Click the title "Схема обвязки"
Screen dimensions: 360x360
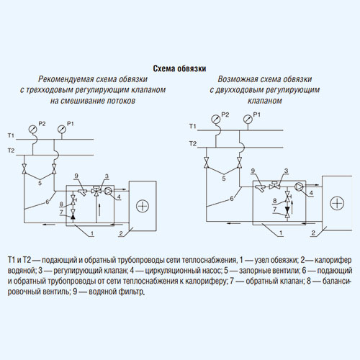(x=179, y=68)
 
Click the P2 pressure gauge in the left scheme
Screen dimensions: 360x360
(x=32, y=129)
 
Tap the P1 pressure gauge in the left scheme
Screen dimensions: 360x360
(x=62, y=130)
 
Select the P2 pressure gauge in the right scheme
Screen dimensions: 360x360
(x=216, y=119)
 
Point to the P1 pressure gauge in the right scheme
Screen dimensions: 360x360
(x=248, y=119)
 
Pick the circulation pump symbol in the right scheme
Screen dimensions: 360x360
(x=299, y=186)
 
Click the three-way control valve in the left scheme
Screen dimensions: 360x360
(x=96, y=191)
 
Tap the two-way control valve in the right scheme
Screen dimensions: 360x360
(x=274, y=185)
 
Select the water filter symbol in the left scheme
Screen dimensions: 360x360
(x=83, y=192)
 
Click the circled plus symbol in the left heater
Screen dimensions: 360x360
(x=143, y=206)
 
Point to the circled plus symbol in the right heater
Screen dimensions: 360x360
(x=337, y=203)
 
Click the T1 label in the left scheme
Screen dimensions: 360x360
(x=11, y=135)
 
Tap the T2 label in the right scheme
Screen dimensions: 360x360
(x=193, y=143)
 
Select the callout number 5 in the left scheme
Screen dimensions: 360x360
(x=40, y=183)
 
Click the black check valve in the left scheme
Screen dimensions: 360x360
(x=73, y=217)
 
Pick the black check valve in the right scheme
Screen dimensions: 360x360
(x=287, y=210)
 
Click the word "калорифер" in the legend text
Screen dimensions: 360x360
(x=333, y=260)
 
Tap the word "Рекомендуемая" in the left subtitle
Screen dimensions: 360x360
(x=66, y=79)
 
